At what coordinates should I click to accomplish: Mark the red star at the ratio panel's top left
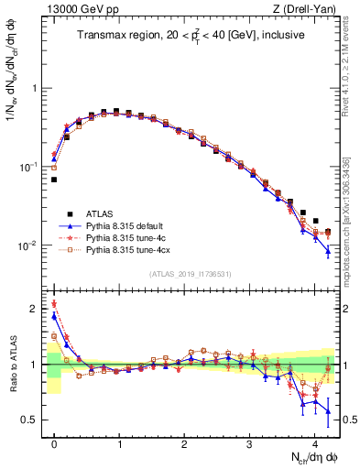coord(54,304)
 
